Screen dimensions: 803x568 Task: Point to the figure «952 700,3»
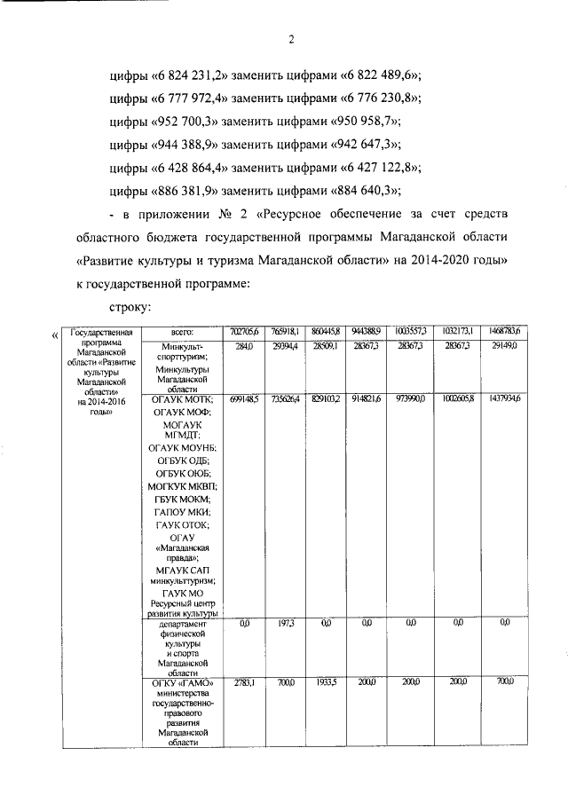[x=183, y=122]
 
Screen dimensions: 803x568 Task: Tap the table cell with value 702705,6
[x=243, y=331]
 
